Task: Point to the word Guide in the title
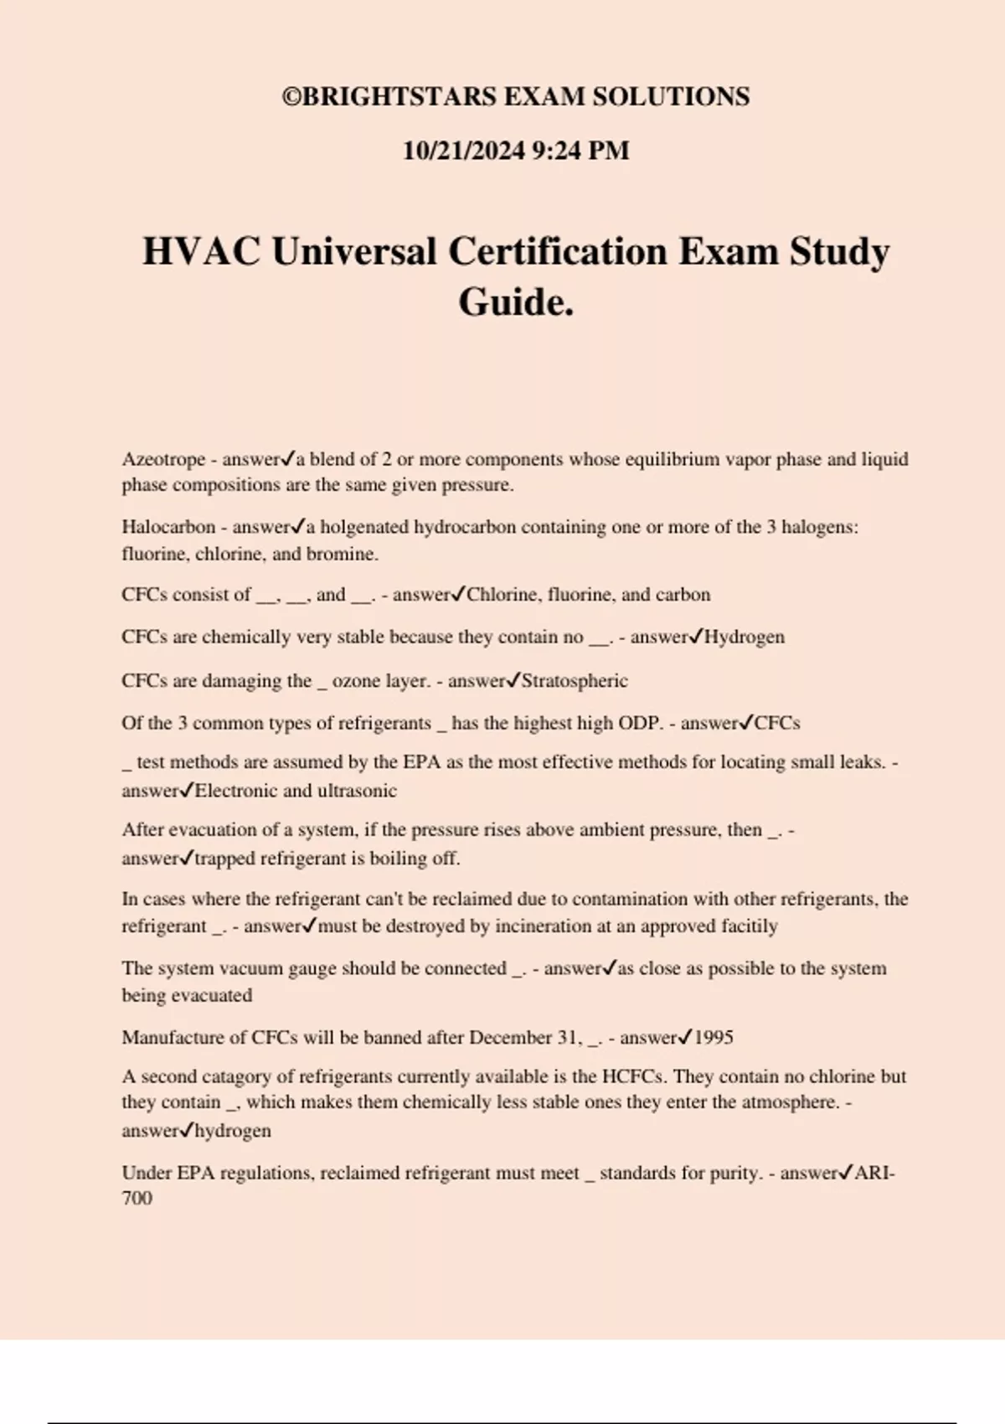coord(512,302)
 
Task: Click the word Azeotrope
coord(163,459)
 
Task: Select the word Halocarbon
coord(168,527)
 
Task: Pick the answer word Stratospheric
coord(575,680)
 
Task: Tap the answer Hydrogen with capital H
coord(745,637)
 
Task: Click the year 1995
coord(714,1037)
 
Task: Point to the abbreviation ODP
coord(639,723)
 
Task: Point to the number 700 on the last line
coord(137,1198)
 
